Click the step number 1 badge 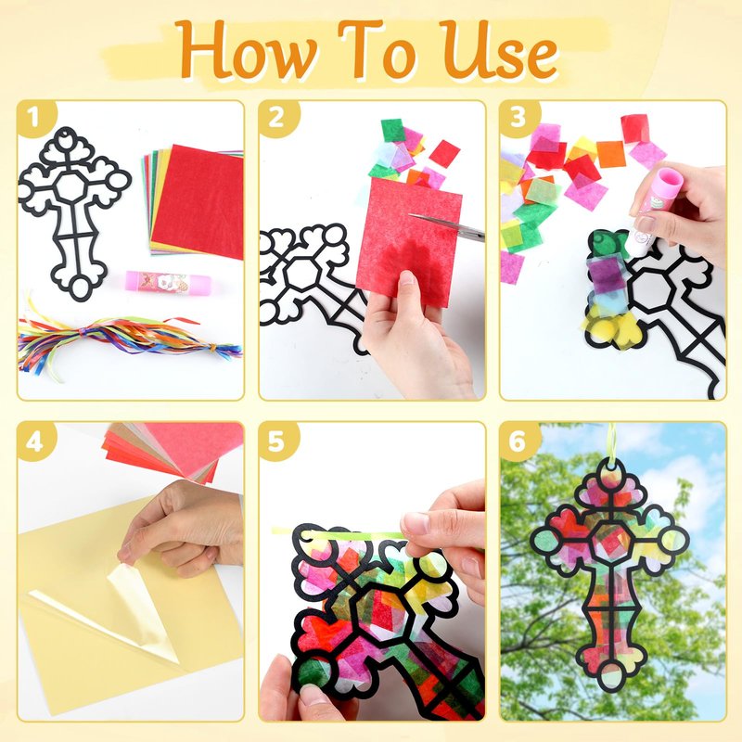[35, 117]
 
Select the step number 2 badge [277, 117]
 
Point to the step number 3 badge [518, 117]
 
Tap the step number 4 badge [35, 442]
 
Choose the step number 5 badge [277, 442]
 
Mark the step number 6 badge [518, 442]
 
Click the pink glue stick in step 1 [168, 282]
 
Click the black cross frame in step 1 [76, 213]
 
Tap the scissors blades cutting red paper [447, 225]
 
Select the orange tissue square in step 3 [611, 154]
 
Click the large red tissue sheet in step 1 [198, 201]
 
